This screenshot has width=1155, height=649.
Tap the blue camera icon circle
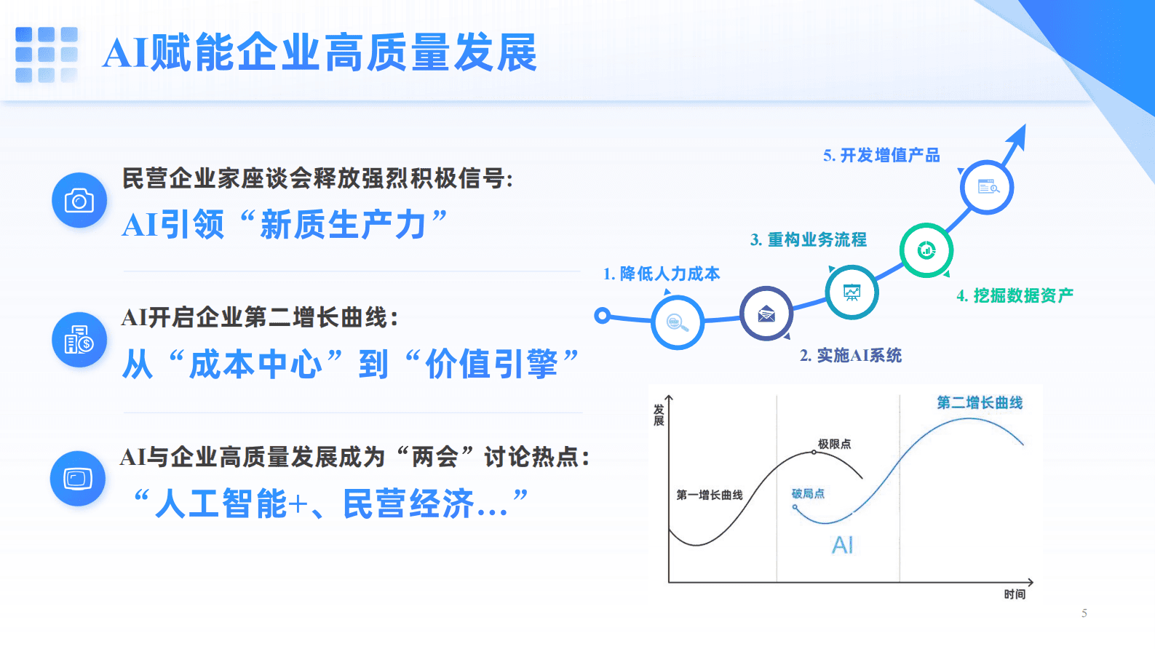79,200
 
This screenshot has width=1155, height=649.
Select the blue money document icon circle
79,340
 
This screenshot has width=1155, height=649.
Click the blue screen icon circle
78,478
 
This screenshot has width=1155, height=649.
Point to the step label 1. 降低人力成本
661,274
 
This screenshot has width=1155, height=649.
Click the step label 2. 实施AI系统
850,355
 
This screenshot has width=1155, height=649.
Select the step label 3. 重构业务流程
808,239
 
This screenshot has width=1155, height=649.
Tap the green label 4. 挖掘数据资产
1015,295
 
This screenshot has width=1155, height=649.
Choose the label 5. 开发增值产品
881,155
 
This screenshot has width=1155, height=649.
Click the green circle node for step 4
926,250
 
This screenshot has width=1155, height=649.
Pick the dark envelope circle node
766,314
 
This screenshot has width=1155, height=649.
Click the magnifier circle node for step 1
677,322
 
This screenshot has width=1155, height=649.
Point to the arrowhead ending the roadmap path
1018,135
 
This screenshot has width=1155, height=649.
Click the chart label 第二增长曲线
979,402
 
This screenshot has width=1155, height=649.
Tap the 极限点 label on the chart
834,444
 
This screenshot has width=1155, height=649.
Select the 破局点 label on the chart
808,493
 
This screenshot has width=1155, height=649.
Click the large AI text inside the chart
842,545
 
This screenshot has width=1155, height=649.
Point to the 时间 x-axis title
1015,594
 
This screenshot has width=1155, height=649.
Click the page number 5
1084,613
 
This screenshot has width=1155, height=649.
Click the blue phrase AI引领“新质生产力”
284,225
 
